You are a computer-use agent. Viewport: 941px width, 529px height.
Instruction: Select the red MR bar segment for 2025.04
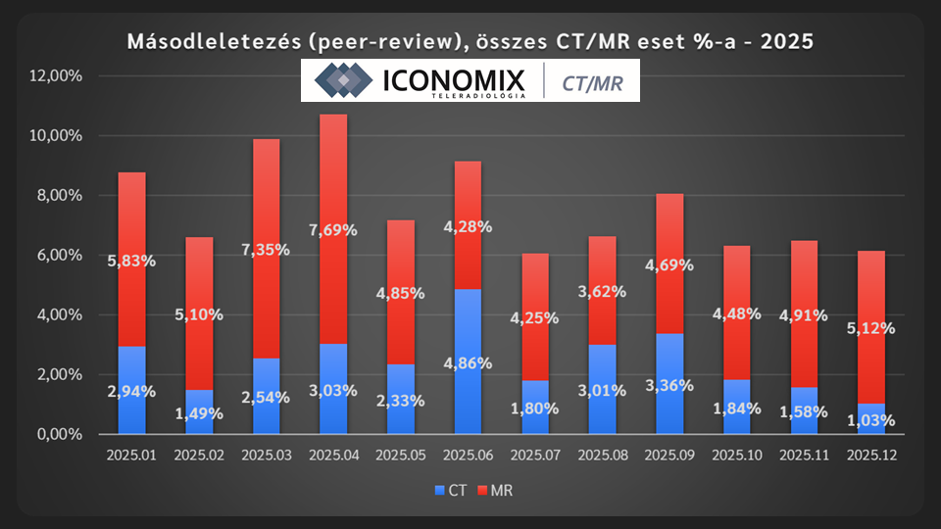(x=333, y=176)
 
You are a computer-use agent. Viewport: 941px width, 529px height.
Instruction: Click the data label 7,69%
(x=333, y=230)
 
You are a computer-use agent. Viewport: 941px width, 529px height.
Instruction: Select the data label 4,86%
(x=469, y=362)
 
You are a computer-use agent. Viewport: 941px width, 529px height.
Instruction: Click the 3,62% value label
(x=603, y=290)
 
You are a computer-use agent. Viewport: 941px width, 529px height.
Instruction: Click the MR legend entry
(x=496, y=491)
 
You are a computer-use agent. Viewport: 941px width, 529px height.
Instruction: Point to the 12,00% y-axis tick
(x=58, y=76)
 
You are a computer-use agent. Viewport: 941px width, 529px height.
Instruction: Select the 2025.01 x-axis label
(x=131, y=455)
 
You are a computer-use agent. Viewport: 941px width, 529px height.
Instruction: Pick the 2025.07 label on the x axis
(x=535, y=455)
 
